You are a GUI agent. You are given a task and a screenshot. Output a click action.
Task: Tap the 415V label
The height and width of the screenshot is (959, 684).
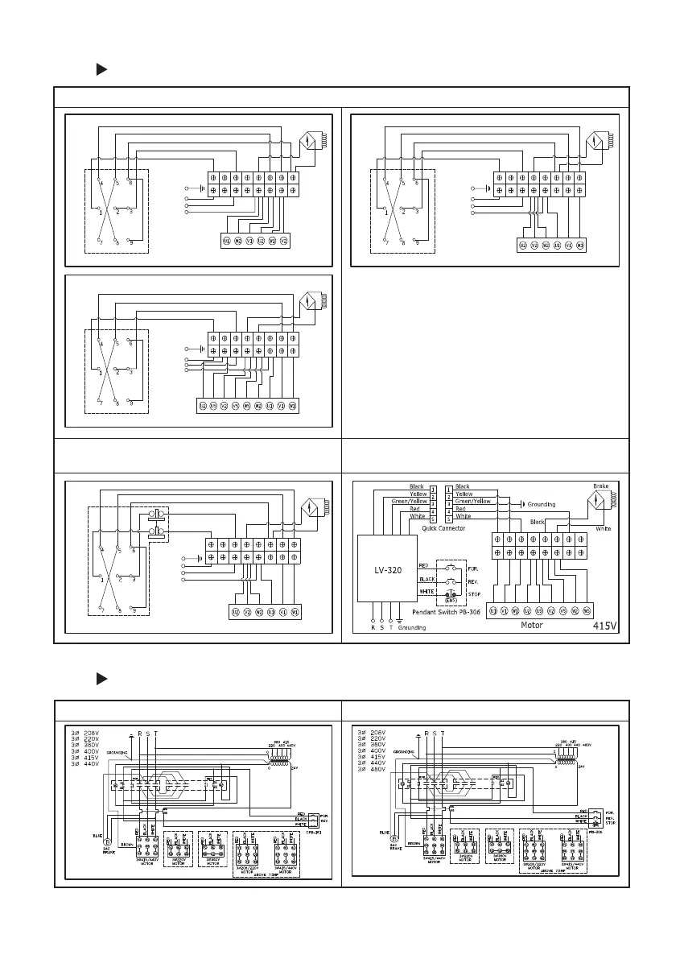click(605, 625)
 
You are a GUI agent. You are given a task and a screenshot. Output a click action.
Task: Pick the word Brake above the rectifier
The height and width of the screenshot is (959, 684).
click(600, 487)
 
